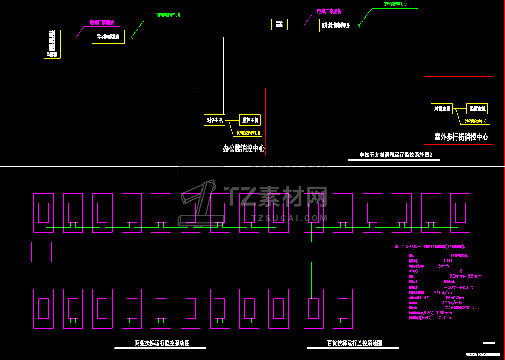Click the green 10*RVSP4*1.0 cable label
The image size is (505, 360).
point(167,15)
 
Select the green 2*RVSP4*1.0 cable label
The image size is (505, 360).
point(395,4)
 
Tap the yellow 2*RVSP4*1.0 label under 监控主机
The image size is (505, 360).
point(475,122)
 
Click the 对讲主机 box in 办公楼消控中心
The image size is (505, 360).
point(215,120)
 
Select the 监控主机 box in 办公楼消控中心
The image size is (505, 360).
point(249,120)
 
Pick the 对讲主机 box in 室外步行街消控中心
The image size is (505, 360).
point(442,108)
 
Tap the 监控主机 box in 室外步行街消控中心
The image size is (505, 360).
point(477,108)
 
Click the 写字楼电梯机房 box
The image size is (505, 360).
point(108,37)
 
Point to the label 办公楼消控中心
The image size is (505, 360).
point(243,148)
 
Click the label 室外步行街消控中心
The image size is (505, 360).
point(461,137)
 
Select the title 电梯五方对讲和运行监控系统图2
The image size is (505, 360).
point(395,155)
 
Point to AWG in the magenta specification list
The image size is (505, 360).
point(413,271)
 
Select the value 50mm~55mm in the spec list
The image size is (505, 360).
point(465,276)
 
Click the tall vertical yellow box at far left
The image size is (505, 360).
point(52,44)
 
